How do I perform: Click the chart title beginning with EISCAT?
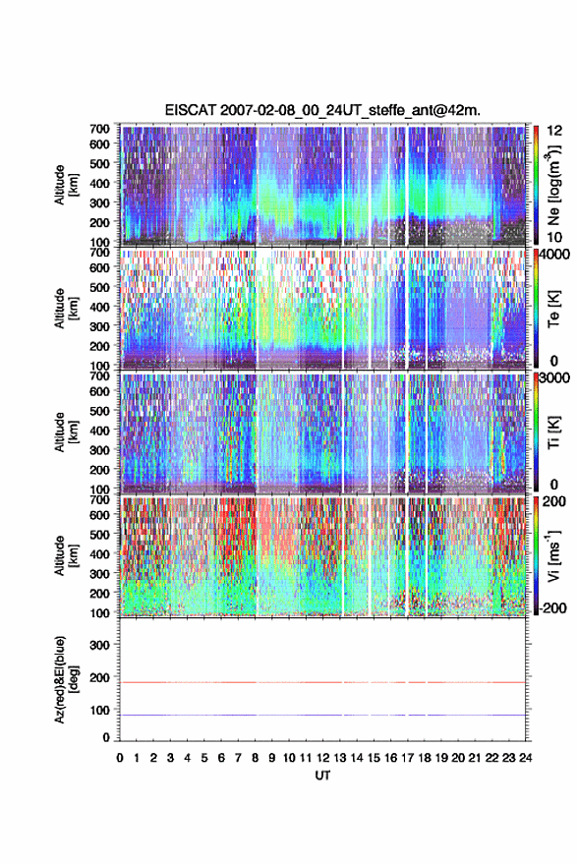pos(322,110)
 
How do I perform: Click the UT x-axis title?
pos(322,776)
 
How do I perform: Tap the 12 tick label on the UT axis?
pos(323,758)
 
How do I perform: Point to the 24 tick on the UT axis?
pos(525,758)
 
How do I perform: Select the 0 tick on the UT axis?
pos(120,758)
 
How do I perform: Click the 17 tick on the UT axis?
pos(407,758)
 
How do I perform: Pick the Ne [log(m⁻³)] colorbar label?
pos(553,185)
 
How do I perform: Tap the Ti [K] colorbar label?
pos(553,432)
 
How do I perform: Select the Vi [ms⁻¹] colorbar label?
pos(553,555)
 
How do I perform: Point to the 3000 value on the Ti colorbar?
pos(554,377)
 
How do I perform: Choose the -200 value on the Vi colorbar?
pos(552,607)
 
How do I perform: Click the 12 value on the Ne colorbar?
pos(554,131)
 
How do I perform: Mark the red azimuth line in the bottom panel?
pos(322,682)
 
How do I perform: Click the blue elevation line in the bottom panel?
pos(322,715)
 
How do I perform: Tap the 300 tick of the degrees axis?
pos(99,645)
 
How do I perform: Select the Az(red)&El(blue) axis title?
pos(66,679)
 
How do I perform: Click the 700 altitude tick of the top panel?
pos(99,129)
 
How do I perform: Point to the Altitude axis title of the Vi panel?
pos(66,555)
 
